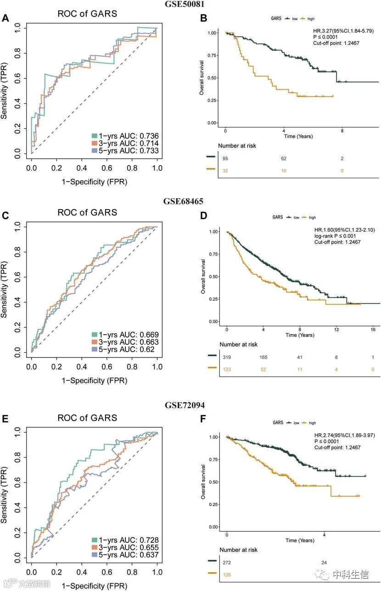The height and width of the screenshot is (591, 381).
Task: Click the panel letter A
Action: click(6, 18)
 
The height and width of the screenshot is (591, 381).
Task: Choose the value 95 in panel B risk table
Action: click(225, 159)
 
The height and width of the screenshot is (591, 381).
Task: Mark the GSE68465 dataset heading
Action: click(184, 201)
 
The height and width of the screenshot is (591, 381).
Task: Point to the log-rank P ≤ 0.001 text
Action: click(335, 236)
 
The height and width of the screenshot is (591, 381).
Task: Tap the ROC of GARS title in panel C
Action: click(87, 212)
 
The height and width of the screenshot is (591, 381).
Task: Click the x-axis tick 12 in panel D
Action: click(336, 329)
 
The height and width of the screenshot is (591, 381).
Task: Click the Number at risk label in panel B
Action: click(238, 146)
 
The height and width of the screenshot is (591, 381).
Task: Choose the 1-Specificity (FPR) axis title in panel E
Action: click(94, 585)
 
